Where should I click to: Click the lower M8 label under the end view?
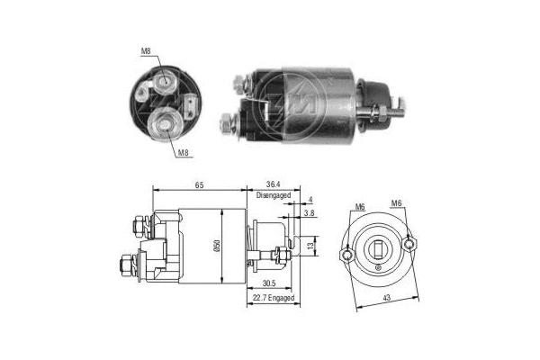tap(182, 154)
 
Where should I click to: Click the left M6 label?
tap(359, 206)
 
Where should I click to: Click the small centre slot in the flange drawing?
tap(378, 249)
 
